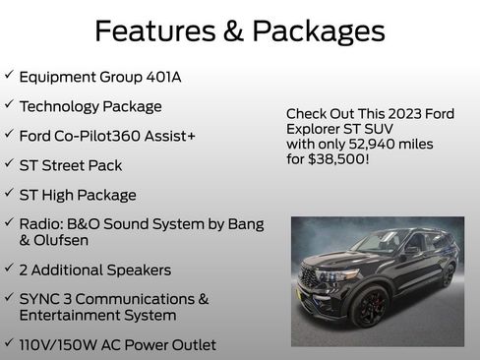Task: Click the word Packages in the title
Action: [x=317, y=31]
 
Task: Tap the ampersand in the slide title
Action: [x=233, y=31]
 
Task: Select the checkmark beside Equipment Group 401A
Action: [x=8, y=75]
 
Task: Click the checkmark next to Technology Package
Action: [x=8, y=104]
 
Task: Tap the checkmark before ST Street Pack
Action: [x=8, y=163]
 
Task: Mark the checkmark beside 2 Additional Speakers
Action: [x=8, y=268]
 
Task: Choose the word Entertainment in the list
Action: [x=71, y=315]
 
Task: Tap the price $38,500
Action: [x=337, y=157]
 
